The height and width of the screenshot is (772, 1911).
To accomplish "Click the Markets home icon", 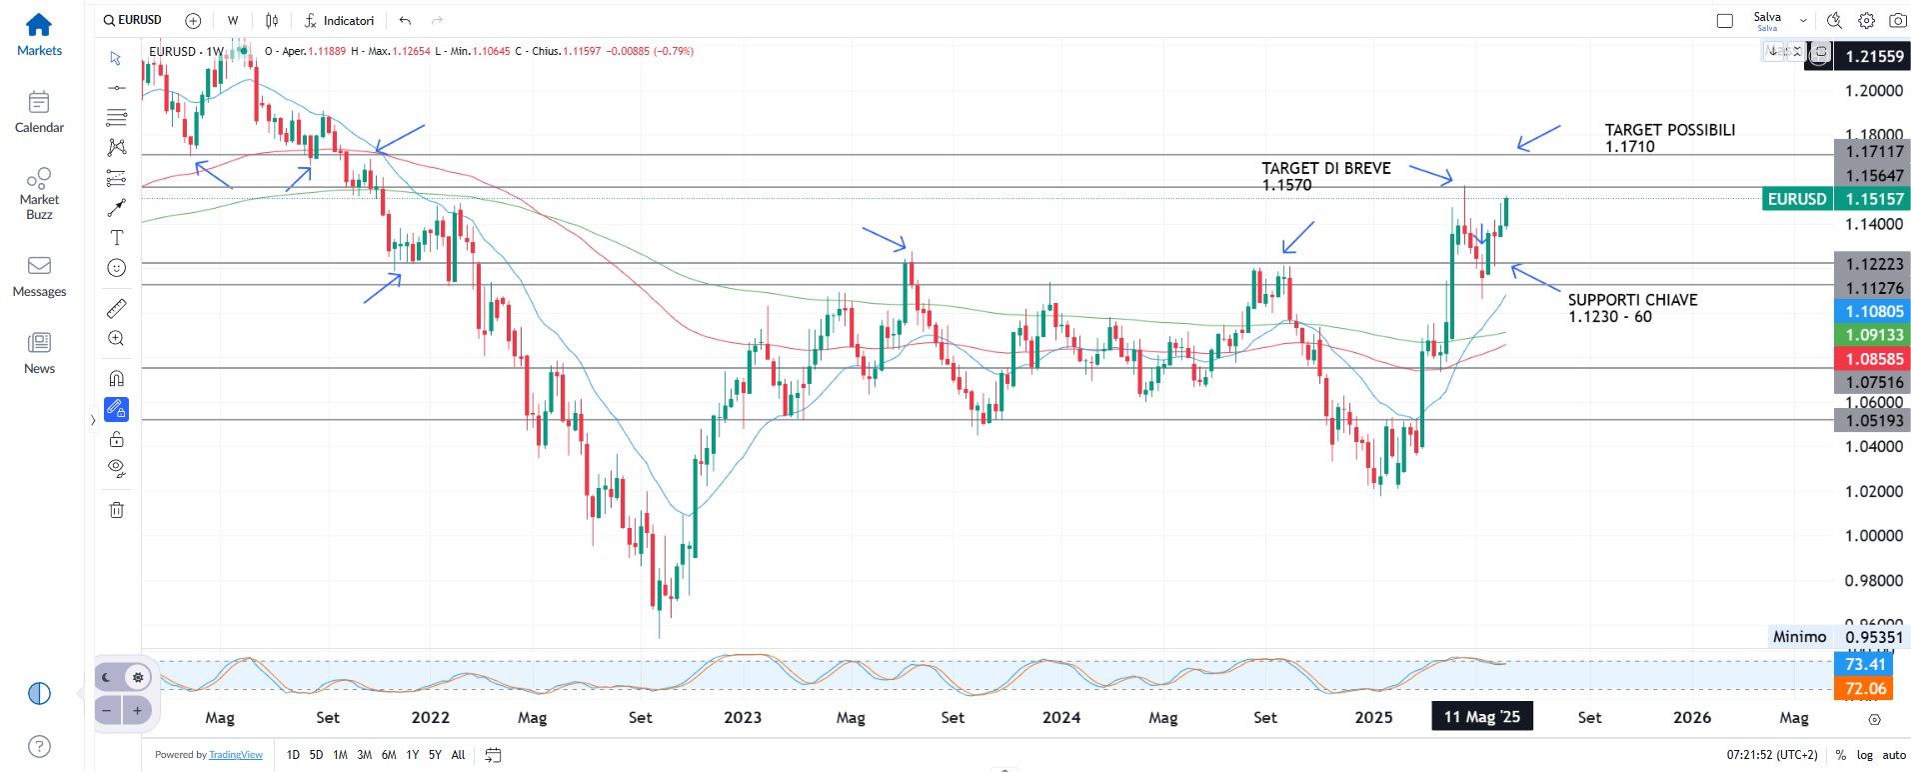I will click(39, 25).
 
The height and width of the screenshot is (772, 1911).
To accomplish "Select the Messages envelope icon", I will click(39, 266).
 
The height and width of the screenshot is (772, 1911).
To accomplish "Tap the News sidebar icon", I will click(39, 343).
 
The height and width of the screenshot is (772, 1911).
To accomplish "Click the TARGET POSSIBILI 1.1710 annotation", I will click(1669, 138).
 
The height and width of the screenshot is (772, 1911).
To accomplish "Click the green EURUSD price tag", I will click(1796, 199).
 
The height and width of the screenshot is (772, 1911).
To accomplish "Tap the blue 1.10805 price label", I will click(1873, 312).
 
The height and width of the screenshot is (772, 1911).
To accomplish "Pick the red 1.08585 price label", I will click(1873, 359).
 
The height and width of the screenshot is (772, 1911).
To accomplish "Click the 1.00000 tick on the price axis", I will click(1873, 536).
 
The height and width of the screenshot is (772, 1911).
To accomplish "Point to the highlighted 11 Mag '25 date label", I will click(1481, 717).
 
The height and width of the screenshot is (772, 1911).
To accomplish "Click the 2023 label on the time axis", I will click(743, 717).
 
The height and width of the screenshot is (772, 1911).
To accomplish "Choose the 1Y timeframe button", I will click(412, 755).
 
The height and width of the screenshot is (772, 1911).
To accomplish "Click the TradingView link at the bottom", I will click(236, 755).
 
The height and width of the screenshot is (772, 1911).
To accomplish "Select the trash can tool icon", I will click(117, 510).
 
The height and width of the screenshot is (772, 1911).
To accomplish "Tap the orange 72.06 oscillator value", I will click(1865, 688).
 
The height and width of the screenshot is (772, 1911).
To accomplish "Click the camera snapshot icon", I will click(1897, 20).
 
